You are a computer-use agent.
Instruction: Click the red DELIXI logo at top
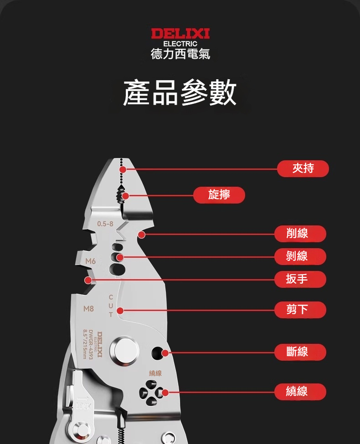point(180,33)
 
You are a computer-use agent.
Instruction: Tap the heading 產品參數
point(180,92)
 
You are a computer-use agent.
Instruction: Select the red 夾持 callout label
point(303,168)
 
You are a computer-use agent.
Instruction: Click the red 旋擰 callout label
point(219,195)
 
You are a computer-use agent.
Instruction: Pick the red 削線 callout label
point(300,234)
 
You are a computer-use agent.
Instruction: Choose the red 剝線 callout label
point(300,256)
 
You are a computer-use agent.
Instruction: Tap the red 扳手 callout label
point(300,279)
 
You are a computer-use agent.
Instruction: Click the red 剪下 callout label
point(300,310)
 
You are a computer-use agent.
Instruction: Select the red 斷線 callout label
point(300,352)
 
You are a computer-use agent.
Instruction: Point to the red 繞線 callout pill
point(300,392)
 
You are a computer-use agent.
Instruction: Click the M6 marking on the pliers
point(90,261)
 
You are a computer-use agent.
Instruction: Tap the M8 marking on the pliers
point(88,309)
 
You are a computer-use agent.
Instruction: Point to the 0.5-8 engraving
point(105,224)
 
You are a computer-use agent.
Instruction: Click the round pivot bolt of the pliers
point(125,351)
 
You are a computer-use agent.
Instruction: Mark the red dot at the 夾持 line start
point(123,169)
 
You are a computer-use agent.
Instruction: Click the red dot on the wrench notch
point(88,280)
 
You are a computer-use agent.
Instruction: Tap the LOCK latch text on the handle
point(83,406)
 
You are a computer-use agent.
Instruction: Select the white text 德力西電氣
point(180,54)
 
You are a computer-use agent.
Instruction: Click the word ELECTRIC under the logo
point(180,44)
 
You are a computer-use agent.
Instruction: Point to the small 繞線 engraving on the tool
point(155,373)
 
